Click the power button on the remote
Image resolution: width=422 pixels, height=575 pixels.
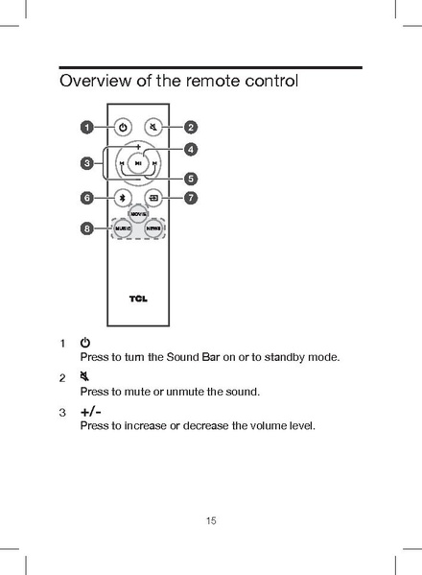(123, 127)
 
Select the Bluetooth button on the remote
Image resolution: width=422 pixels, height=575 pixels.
(123, 199)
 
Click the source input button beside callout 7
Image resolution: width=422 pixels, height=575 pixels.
(154, 199)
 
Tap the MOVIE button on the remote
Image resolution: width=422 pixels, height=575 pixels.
(138, 213)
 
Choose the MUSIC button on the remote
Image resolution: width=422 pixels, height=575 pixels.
(122, 230)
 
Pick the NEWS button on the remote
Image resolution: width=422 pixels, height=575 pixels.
(153, 230)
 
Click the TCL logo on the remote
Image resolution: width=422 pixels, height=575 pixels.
(138, 299)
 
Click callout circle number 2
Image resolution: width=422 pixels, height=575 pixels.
(191, 127)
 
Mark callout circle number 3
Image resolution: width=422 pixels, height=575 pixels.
(86, 163)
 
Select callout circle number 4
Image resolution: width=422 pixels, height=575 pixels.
(191, 149)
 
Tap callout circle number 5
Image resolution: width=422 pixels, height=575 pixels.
(191, 178)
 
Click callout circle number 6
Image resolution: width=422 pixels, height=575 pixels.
(86, 199)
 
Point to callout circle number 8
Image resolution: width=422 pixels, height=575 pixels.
(86, 229)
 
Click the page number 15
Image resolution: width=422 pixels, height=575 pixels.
(211, 521)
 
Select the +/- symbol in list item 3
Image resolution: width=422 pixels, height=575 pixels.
(91, 412)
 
